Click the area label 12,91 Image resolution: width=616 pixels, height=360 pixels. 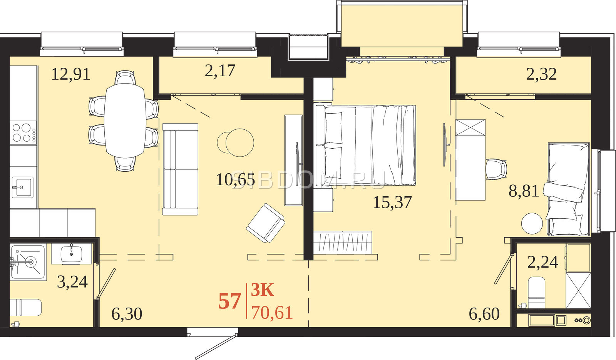71,74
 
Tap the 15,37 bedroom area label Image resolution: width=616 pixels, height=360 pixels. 392,203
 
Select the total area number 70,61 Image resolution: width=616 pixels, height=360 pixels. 272,313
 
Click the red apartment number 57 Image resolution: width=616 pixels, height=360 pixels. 229,302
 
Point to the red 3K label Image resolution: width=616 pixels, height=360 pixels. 263,290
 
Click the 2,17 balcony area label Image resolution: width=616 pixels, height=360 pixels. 220,71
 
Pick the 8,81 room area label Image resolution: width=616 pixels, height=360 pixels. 524,191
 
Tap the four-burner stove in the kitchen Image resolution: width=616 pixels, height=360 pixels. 23,132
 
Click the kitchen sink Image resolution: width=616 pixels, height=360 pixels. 22,187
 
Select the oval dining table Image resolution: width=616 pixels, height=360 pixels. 125,121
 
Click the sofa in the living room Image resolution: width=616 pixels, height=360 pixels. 180,169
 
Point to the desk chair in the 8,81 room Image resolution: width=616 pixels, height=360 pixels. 496,169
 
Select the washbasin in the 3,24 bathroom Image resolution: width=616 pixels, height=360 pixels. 72,254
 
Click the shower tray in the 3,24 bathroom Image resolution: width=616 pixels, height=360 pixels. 27,263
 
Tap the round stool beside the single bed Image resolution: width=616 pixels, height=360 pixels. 532,223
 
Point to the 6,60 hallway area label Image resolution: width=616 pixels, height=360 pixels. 484,314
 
